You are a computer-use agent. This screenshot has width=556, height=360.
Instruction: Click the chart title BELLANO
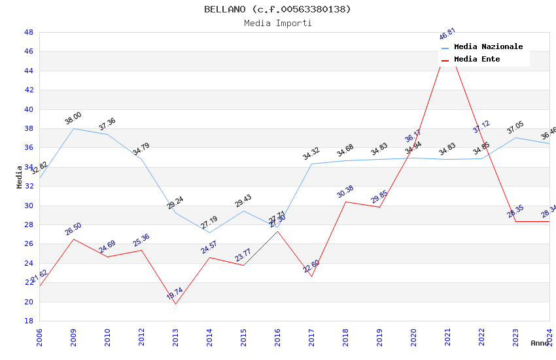277,9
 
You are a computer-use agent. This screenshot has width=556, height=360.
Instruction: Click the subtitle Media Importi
277,23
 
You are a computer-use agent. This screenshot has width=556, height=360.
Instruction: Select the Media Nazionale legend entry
488,47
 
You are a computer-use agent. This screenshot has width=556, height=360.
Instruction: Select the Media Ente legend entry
476,60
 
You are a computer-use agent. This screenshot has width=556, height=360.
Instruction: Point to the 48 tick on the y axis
29,32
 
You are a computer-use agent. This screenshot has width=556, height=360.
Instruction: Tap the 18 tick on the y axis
29,321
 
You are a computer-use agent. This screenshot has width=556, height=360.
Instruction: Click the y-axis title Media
20,177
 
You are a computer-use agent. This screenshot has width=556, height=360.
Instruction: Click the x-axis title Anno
540,343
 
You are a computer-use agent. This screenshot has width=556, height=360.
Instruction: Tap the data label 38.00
73,118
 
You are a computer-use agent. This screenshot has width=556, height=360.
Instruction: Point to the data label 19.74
175,293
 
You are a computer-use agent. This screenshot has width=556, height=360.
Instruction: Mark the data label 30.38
345,191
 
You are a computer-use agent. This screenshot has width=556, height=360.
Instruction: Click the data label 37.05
515,128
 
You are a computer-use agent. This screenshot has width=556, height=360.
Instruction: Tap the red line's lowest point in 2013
175,304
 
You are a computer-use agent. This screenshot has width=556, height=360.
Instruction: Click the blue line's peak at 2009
73,128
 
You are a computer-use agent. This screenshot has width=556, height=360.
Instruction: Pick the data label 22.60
311,266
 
